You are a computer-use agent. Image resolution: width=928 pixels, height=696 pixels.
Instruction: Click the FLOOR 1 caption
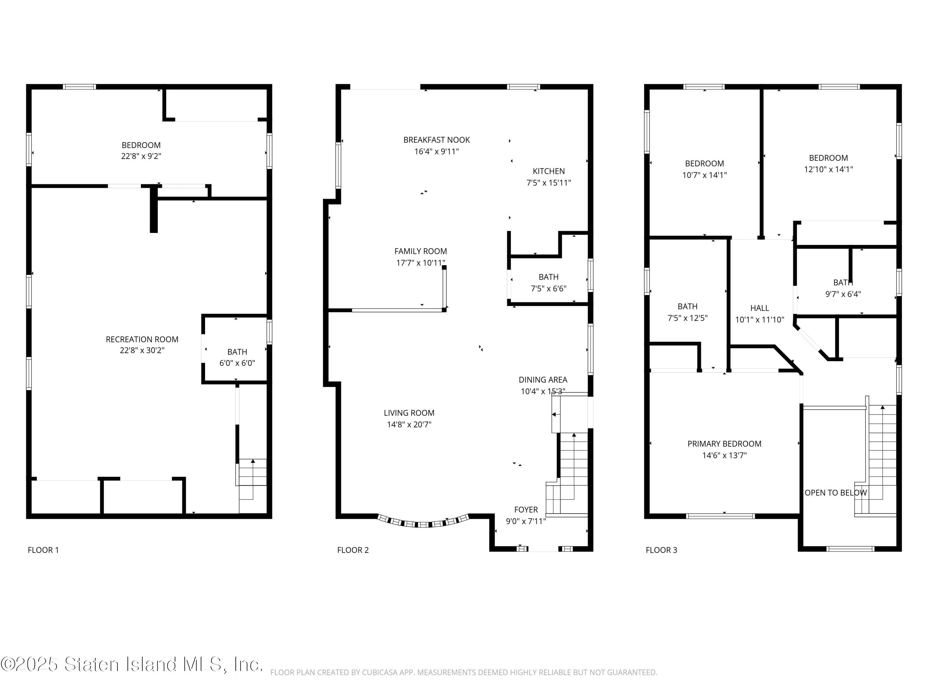[43, 550]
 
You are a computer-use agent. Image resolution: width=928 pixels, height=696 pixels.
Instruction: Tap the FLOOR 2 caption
[353, 550]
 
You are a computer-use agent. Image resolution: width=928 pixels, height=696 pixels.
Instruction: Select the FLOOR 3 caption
[661, 550]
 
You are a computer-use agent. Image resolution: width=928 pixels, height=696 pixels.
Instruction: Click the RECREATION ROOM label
[142, 339]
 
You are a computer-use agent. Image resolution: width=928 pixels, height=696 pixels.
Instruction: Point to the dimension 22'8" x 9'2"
[141, 156]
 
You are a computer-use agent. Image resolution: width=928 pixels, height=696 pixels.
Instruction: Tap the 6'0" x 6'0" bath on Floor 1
[237, 358]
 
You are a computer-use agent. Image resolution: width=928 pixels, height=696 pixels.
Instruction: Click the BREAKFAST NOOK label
[436, 140]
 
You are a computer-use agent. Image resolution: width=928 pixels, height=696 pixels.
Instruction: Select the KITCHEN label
[548, 171]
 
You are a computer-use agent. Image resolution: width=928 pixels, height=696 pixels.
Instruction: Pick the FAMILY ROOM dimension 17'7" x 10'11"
[420, 263]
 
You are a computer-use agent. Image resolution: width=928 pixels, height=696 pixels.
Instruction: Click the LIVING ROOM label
[409, 413]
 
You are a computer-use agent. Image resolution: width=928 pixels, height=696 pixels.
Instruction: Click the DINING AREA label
[543, 380]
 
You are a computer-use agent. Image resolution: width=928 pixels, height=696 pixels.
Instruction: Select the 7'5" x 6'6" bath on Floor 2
[548, 283]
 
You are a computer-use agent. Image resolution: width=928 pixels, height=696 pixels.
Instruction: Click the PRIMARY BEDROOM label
[724, 444]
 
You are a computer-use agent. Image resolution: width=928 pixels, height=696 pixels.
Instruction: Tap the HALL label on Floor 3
[759, 308]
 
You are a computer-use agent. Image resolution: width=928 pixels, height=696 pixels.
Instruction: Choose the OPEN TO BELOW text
[835, 492]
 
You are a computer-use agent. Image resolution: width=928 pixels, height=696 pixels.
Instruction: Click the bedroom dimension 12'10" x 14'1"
[828, 169]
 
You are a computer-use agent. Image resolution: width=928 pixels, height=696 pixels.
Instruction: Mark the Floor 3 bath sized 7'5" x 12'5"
[687, 312]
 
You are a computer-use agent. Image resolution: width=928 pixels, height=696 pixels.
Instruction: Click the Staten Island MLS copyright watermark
[132, 664]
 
